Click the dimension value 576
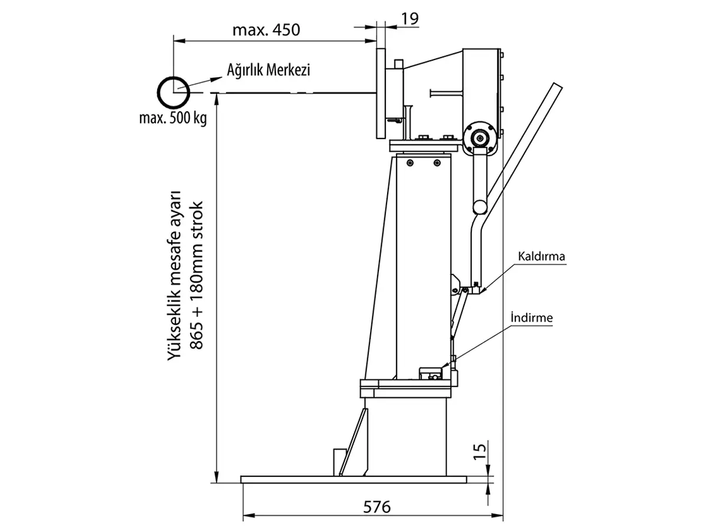377,508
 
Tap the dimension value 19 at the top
410,19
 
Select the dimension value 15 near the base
479,452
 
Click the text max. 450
267,30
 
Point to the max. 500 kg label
173,118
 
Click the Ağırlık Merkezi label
268,70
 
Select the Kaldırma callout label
541,256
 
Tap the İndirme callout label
532,317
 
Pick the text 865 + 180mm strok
197,276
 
